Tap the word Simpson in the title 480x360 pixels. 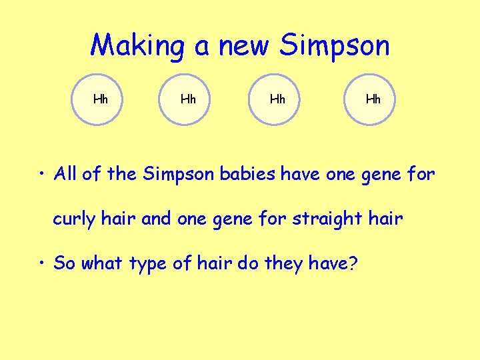point(335,45)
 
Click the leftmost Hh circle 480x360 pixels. point(101,100)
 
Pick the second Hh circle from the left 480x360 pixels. point(189,100)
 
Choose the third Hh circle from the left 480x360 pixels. point(277,100)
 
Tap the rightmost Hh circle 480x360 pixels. point(373,100)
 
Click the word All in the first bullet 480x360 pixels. point(67,175)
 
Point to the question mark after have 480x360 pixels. point(354,263)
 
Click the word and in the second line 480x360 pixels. point(157,219)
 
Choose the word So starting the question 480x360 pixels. point(64,263)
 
